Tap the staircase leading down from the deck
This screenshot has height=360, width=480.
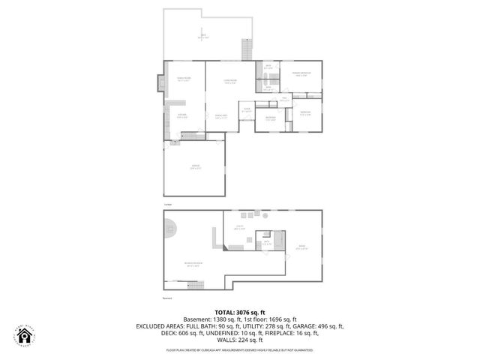click(246, 50)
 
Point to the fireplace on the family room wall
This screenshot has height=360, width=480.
click(159, 82)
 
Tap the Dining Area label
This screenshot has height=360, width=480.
click(221, 116)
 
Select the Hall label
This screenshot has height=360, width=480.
click(285, 100)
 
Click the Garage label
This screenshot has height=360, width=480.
click(196, 169)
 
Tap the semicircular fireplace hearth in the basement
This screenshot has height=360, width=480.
click(170, 226)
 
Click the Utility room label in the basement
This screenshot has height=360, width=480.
click(241, 227)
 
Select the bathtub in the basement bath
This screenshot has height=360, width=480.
click(279, 241)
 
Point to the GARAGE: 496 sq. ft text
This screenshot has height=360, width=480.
click(313, 327)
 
